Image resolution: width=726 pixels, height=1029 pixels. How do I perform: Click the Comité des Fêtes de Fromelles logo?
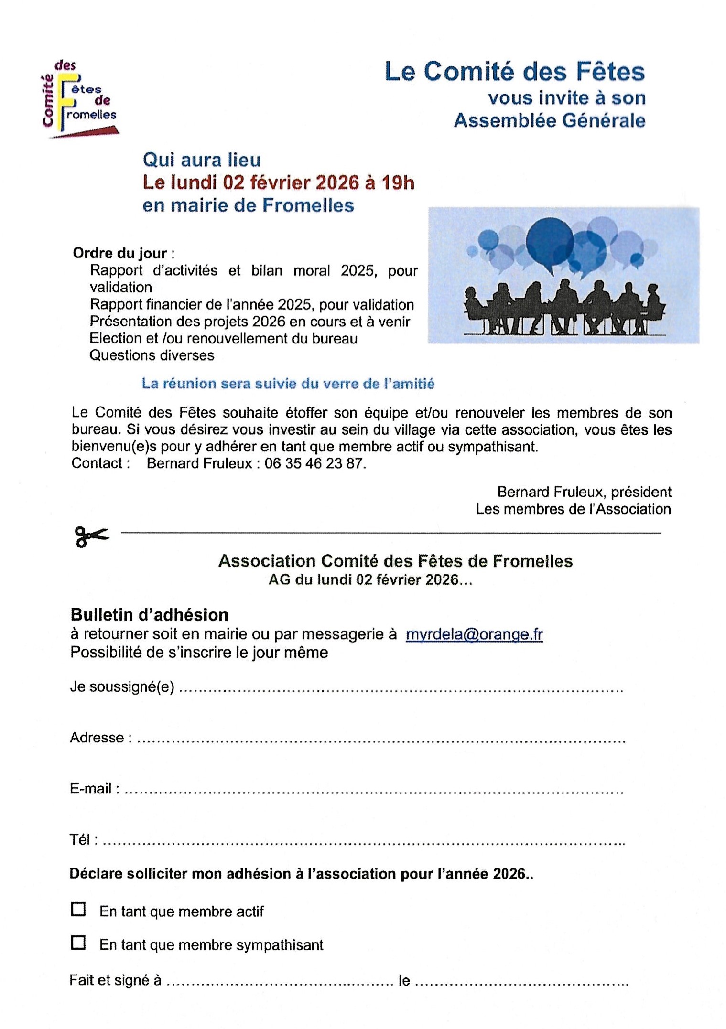pos(80,100)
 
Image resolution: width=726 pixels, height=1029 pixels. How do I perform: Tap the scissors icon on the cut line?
pos(91,536)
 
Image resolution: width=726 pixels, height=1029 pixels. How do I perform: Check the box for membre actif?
pos(78,909)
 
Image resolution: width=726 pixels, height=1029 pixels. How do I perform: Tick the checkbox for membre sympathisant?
pos(78,943)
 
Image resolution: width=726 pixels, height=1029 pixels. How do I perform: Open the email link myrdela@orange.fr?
pos(474,634)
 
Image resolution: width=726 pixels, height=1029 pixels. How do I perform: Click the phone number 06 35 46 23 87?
pos(314,463)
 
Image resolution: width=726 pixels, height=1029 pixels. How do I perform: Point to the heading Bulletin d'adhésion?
pos(150,614)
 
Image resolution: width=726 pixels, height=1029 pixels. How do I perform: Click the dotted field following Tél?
pos(363,843)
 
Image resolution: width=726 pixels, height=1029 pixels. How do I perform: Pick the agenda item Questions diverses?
pos(152,355)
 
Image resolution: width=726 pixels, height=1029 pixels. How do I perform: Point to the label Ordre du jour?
pos(120,253)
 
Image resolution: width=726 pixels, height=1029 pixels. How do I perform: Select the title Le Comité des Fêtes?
pos(515,72)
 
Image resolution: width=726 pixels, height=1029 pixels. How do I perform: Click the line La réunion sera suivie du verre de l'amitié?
pos(288,384)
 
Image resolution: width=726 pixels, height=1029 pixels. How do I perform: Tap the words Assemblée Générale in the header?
pos(549,120)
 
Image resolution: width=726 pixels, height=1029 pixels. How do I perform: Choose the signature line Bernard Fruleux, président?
pos(584,492)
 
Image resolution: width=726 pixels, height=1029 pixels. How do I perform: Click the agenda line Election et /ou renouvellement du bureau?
pos(224,339)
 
